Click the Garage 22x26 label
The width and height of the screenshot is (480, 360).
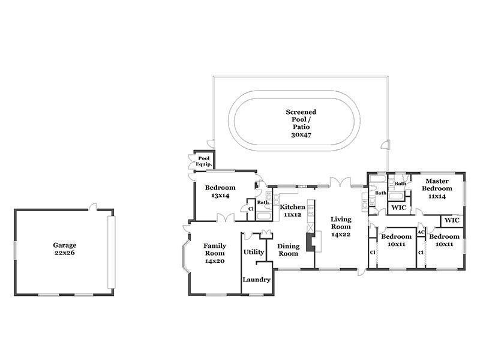pyautogui.click(x=65, y=249)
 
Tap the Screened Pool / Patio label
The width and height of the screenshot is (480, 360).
pyautogui.click(x=301, y=123)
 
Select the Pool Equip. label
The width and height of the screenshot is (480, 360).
pyautogui.click(x=204, y=161)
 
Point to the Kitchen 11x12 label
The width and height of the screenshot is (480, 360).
pyautogui.click(x=292, y=211)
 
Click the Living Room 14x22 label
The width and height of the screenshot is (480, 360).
pyautogui.click(x=341, y=227)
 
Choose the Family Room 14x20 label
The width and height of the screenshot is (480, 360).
pyautogui.click(x=215, y=253)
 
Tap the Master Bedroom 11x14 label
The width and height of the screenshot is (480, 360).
pyautogui.click(x=437, y=188)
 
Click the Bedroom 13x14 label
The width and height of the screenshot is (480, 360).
pyautogui.click(x=220, y=191)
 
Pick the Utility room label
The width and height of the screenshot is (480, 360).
pyautogui.click(x=254, y=252)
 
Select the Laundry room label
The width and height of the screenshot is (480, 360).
pyautogui.click(x=257, y=280)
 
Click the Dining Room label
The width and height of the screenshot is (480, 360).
pyautogui.click(x=288, y=250)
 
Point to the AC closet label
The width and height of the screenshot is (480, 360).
pyautogui.click(x=421, y=232)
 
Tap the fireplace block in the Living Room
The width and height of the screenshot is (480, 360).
pyautogui.click(x=311, y=242)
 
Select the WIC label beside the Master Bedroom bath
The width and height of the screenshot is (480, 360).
pyautogui.click(x=399, y=208)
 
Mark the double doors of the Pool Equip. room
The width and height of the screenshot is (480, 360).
pyautogui.click(x=192, y=161)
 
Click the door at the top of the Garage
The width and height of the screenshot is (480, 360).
pyautogui.click(x=93, y=207)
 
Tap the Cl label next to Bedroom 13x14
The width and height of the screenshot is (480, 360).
pyautogui.click(x=251, y=209)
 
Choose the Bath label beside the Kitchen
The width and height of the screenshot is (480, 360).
pyautogui.click(x=263, y=202)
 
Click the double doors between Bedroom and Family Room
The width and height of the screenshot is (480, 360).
pyautogui.click(x=226, y=218)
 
